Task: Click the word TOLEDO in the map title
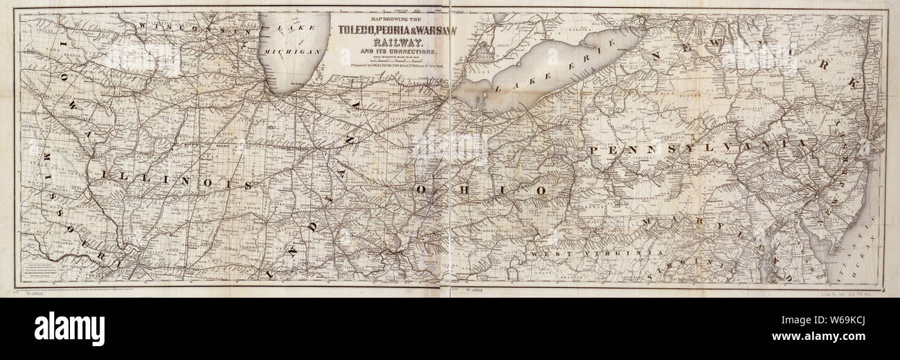point(359,29)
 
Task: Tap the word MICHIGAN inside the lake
point(295,52)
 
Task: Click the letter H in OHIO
point(460,188)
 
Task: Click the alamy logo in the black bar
point(69,328)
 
